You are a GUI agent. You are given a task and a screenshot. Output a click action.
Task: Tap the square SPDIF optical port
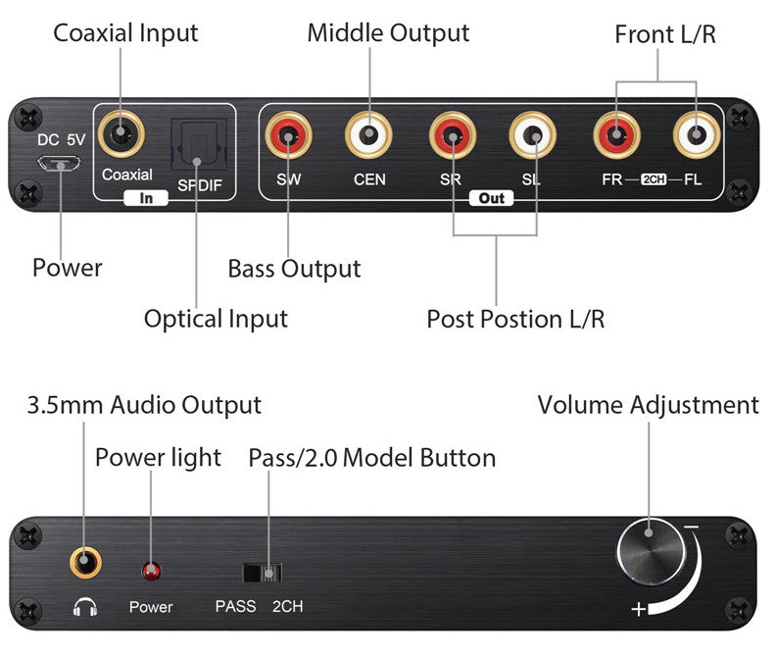198,143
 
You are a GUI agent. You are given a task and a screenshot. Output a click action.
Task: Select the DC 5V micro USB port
66,164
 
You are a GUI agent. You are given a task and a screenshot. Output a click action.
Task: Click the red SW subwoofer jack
290,136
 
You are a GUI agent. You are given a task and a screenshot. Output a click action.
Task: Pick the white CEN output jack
369,136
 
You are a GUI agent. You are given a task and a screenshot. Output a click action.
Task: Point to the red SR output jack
453,136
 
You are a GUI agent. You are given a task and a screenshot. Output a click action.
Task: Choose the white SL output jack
533,136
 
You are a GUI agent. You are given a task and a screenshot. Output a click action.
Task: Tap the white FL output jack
697,136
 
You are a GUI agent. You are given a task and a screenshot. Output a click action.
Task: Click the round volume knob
650,551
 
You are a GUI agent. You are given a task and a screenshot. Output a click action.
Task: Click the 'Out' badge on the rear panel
492,198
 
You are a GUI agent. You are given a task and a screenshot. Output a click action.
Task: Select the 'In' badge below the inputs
147,198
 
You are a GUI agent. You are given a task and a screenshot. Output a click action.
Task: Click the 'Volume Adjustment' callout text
648,405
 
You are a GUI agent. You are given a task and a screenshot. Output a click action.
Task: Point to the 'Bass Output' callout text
294,269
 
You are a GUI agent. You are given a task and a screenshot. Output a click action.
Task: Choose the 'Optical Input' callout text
216,319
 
